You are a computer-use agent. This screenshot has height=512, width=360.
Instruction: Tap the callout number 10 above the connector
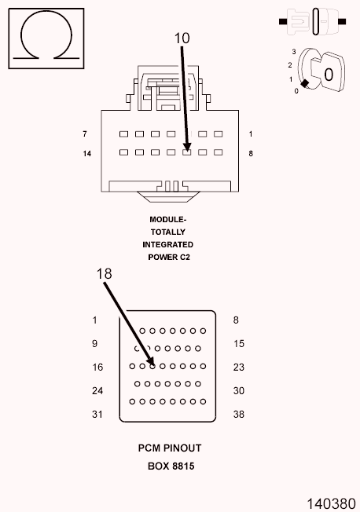tap(182, 37)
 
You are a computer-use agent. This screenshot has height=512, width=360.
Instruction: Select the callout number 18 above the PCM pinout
tap(105, 274)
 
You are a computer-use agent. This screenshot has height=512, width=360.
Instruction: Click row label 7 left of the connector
tap(84, 134)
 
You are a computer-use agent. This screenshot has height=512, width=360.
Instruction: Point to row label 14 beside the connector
tap(87, 153)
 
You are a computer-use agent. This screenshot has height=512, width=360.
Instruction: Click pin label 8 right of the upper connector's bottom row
tap(251, 153)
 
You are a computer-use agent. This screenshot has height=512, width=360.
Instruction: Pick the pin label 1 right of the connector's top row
tap(251, 134)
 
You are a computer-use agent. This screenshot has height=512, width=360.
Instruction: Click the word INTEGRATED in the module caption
tap(168, 244)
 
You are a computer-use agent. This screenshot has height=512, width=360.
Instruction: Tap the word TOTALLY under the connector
tap(168, 232)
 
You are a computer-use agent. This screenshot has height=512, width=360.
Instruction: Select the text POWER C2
tap(168, 257)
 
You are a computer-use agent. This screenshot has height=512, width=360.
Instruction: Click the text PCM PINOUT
tap(170, 448)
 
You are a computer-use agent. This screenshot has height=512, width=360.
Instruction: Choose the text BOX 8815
tap(171, 466)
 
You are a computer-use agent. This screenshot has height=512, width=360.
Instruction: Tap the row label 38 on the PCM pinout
tap(239, 414)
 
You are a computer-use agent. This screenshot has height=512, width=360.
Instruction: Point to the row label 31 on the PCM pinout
tap(97, 414)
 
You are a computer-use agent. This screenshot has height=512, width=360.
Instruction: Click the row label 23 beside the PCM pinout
tap(239, 367)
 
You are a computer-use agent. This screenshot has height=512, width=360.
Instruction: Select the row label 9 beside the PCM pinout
tap(94, 343)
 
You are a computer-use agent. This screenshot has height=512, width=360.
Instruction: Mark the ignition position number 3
tap(293, 52)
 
